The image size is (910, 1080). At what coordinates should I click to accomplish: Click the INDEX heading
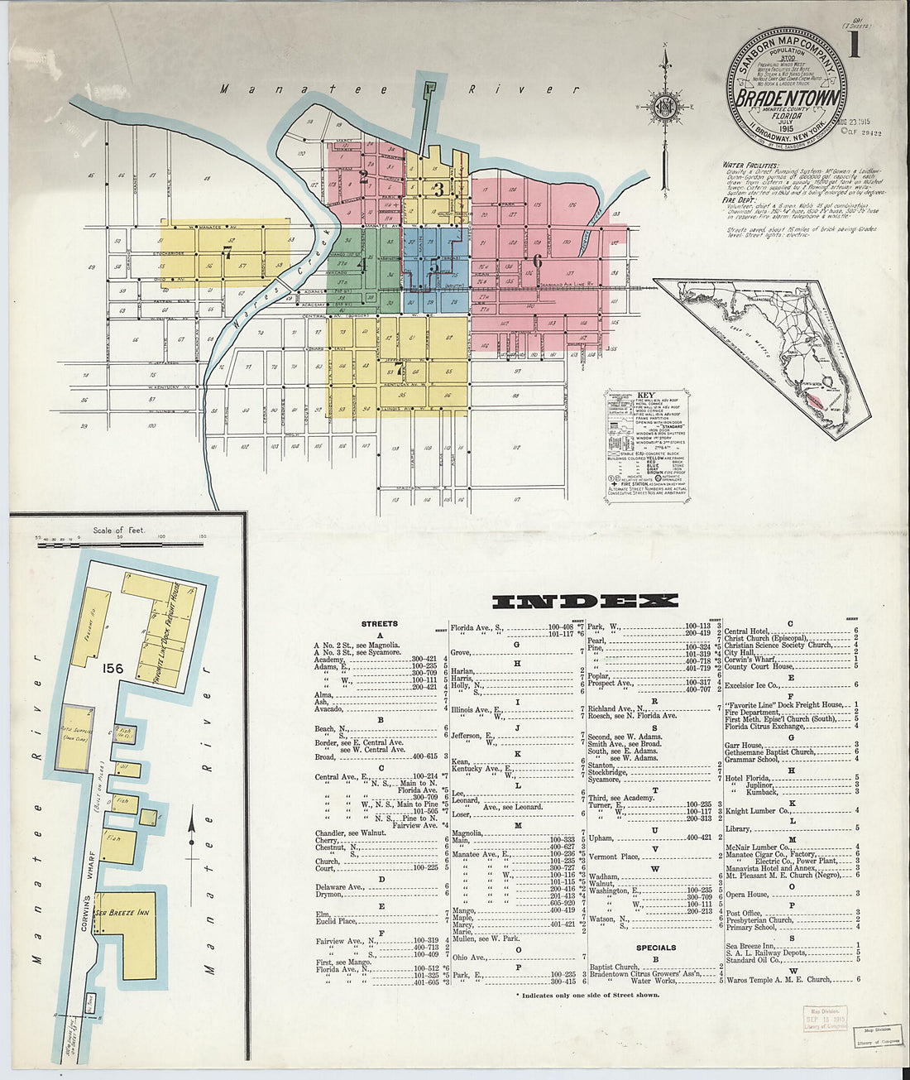point(585,601)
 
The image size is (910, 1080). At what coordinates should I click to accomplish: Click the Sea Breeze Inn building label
point(122,913)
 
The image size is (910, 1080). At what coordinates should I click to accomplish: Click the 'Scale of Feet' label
point(118,530)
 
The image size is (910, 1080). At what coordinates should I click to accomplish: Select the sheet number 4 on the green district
point(361,265)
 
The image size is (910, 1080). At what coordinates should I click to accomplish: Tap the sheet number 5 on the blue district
point(434,266)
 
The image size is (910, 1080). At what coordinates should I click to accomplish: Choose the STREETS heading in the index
point(379,623)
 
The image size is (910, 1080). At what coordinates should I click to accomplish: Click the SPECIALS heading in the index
point(656,948)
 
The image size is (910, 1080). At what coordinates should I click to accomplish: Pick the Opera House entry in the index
point(746,894)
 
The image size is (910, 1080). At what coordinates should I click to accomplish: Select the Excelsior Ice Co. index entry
point(751,684)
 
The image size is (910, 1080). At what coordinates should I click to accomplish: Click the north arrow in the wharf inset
point(192,836)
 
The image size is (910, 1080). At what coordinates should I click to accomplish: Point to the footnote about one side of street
point(587,995)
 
